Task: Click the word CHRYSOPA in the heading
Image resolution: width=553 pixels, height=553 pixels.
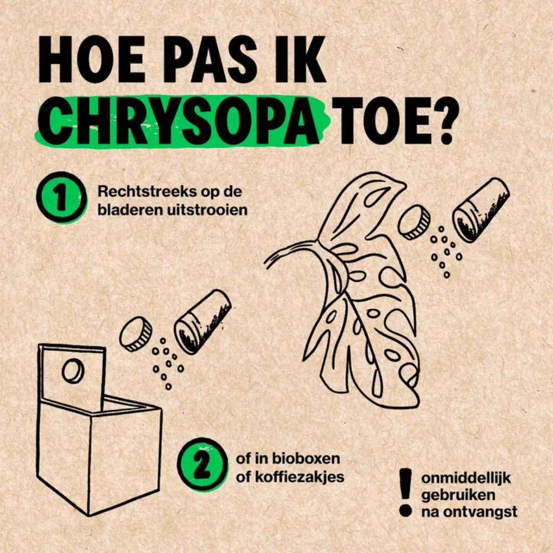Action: [183, 121]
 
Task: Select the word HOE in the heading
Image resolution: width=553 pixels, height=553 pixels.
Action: [92, 59]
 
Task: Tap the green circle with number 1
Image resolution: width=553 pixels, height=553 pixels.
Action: [61, 197]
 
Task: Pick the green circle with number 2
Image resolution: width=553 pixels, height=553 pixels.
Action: [202, 465]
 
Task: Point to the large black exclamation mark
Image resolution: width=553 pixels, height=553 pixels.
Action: [405, 493]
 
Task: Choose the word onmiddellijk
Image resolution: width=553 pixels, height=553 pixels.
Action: [466, 478]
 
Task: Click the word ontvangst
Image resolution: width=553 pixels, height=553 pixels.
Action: [480, 512]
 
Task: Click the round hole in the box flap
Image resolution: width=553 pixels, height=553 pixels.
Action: [73, 372]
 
